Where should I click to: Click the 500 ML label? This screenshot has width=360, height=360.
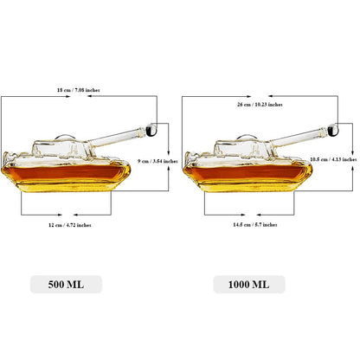(x=66, y=285)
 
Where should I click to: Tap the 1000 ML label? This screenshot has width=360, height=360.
(x=248, y=285)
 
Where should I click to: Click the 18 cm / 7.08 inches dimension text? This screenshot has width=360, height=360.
(x=79, y=90)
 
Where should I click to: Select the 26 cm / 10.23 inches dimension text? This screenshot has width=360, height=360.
(x=260, y=105)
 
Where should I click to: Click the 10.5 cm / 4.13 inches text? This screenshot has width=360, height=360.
(x=333, y=159)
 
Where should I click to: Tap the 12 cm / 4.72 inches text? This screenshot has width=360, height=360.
(x=70, y=225)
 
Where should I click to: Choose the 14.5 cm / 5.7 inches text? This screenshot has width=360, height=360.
(x=255, y=224)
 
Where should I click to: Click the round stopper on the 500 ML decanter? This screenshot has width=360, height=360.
(x=151, y=130)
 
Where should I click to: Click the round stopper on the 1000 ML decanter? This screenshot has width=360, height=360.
(x=333, y=130)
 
